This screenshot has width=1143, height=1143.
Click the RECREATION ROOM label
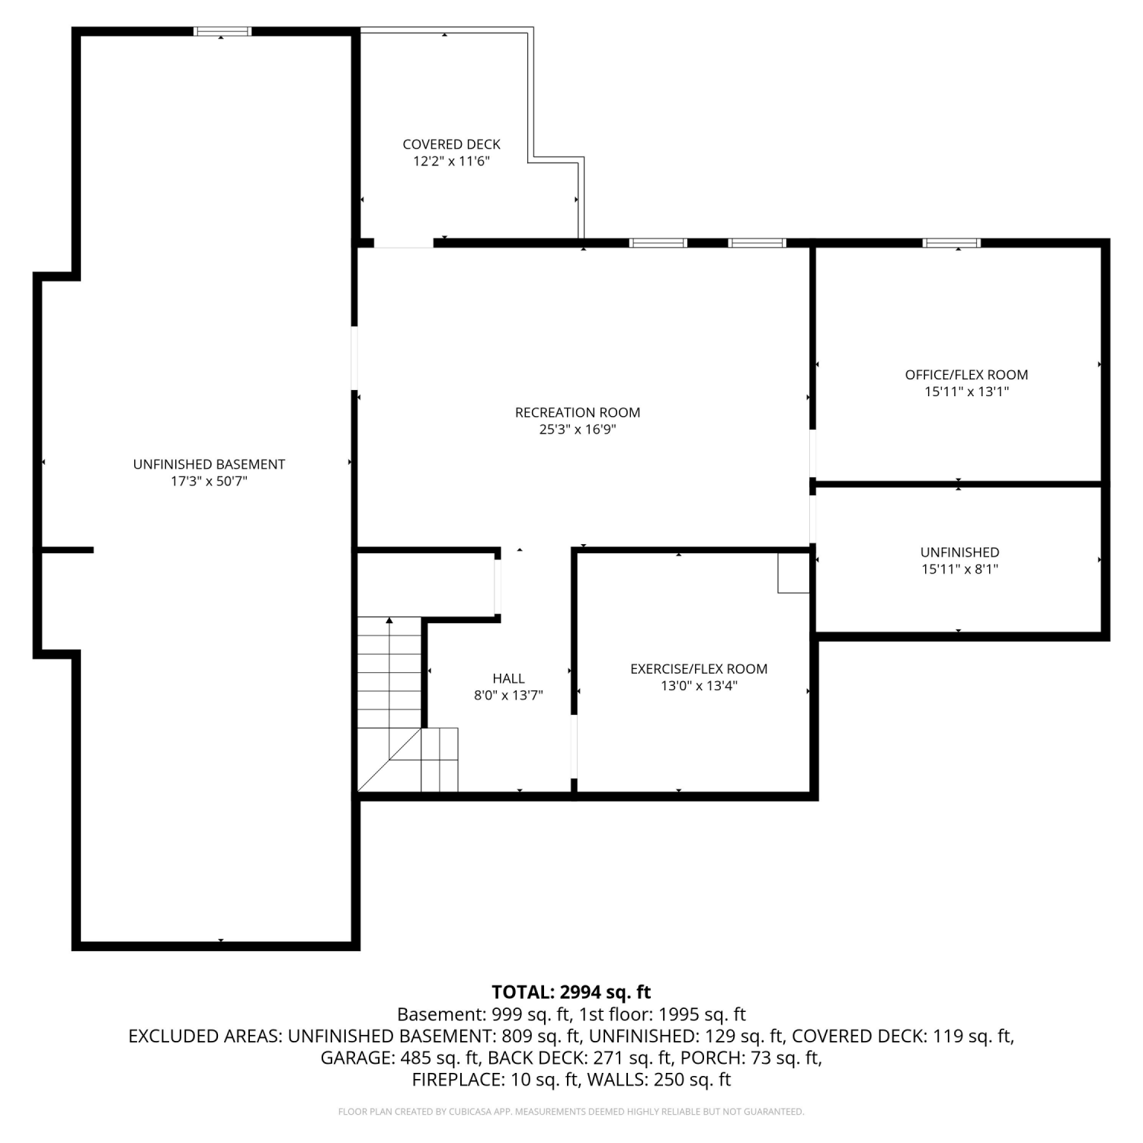tap(578, 412)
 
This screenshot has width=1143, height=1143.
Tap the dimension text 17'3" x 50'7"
tap(209, 481)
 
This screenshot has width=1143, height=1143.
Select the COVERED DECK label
tap(452, 144)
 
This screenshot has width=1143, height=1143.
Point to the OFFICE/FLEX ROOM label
tap(966, 374)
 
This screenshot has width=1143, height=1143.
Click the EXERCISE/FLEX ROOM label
tap(699, 668)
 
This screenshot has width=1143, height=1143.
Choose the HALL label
tap(508, 678)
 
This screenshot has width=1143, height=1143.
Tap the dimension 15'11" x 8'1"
tap(959, 569)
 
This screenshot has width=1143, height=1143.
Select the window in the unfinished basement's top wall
tap(223, 31)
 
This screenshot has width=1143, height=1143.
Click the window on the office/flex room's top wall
tap(952, 243)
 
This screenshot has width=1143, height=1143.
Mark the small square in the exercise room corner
tap(793, 573)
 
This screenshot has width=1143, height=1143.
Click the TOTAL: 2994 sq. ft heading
tap(571, 992)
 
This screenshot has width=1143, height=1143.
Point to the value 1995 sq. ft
tap(702, 1014)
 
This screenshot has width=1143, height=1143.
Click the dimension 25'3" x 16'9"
tap(578, 429)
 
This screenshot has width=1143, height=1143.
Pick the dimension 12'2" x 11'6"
tap(452, 161)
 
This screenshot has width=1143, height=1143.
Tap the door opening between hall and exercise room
tap(575, 747)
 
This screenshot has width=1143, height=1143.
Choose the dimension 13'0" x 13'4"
tap(699, 685)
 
